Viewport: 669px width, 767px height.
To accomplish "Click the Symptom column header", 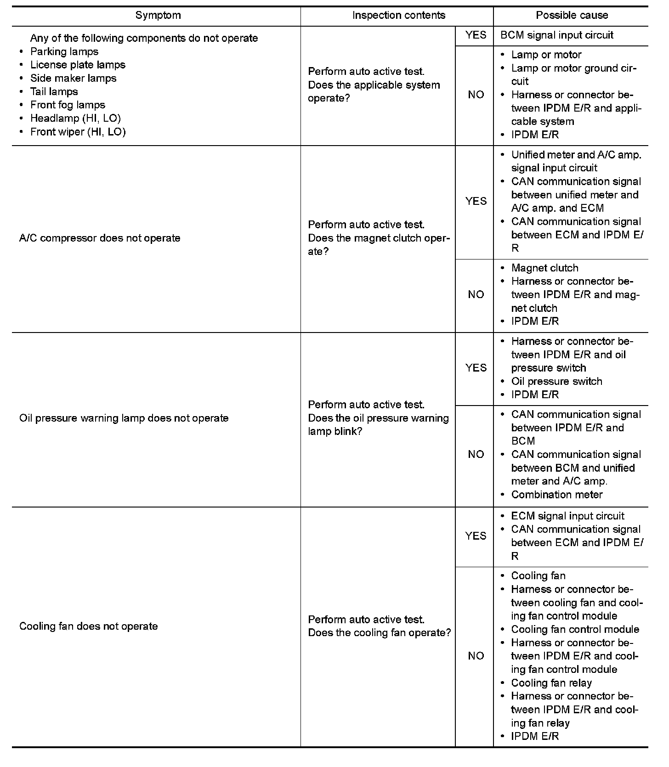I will coord(158,15).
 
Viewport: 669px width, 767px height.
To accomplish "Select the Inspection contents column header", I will coord(398,15).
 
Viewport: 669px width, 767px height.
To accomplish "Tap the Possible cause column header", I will coord(572,15).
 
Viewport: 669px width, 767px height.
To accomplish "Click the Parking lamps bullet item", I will coord(64,51).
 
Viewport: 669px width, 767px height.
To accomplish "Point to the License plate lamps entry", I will coord(78,65).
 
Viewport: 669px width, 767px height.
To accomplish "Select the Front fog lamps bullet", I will coord(68,105).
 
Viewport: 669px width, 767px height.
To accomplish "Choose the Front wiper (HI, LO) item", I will coord(78,132).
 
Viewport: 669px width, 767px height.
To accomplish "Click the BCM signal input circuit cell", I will coord(557,35).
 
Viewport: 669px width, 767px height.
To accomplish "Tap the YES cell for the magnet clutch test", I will coord(476,201).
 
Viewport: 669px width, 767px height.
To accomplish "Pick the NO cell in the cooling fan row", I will coord(476,656).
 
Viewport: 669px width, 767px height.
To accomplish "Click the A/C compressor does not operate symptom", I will coord(100,238).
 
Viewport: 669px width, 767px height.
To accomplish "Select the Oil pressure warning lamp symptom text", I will coord(124,418).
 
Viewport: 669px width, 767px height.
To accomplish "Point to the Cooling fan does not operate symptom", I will coord(88,626).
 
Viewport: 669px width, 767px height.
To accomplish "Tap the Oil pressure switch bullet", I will coord(556,381).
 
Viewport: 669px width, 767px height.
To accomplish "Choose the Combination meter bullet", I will coord(556,495).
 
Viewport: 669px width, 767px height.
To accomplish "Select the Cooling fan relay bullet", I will coord(551,682).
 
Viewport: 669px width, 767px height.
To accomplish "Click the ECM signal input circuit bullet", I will coord(567,516).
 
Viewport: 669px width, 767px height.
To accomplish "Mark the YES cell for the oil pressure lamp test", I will coord(476,368).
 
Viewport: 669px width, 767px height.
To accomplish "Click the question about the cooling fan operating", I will coord(379,632).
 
